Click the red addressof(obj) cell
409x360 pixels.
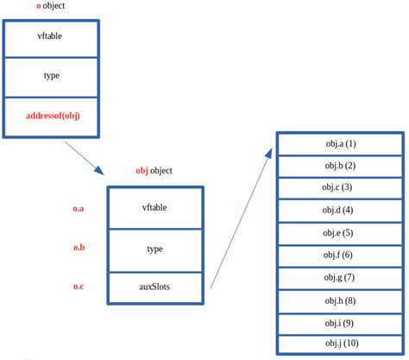coord(53,115)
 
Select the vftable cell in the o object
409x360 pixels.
coord(53,36)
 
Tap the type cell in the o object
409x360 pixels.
coord(53,76)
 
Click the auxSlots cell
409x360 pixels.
coord(154,286)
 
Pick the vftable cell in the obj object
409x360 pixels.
coord(154,207)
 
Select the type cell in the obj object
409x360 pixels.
coord(154,248)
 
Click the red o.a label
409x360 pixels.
coord(78,208)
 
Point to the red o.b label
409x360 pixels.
coord(78,248)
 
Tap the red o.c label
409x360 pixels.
coord(78,286)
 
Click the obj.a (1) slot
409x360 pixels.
coord(340,143)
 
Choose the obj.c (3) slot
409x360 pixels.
coord(340,187)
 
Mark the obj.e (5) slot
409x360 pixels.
coord(340,233)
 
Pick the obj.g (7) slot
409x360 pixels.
coord(340,277)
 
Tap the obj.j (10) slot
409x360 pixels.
coord(340,344)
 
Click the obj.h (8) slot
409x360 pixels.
coord(340,300)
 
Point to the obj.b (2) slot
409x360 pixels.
coord(340,166)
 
